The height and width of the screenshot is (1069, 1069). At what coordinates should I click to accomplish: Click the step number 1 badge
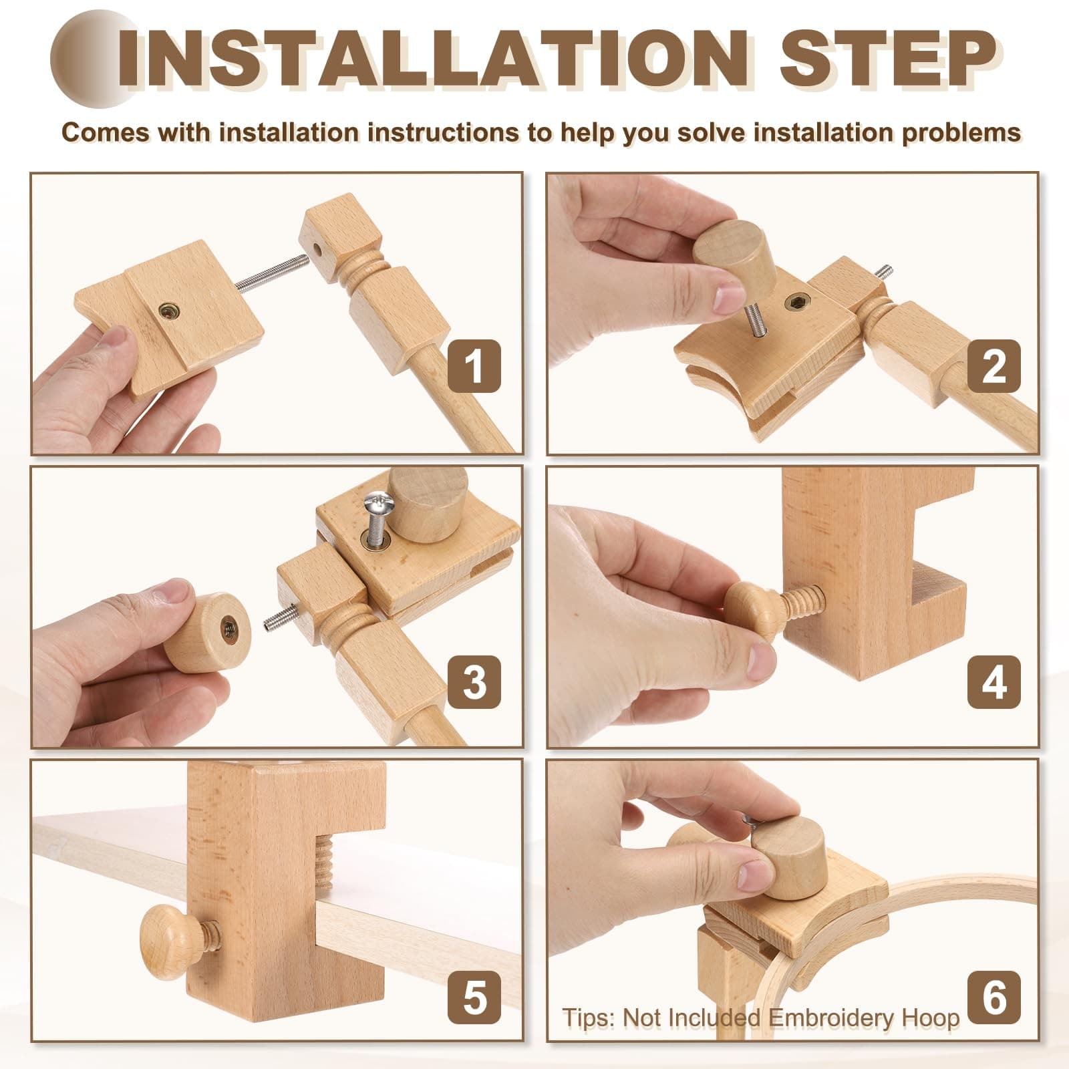[x=474, y=366]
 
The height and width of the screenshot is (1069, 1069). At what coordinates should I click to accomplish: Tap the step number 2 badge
[x=994, y=366]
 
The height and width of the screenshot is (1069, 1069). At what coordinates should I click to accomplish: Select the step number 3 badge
[x=474, y=682]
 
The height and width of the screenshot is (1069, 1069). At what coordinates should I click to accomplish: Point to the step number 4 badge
[x=994, y=682]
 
